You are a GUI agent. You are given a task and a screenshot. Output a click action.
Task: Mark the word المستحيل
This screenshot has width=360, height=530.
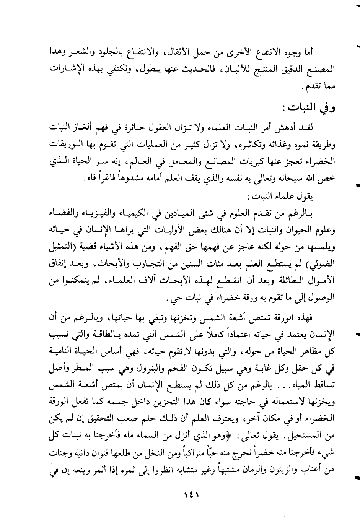pos(313,437)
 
